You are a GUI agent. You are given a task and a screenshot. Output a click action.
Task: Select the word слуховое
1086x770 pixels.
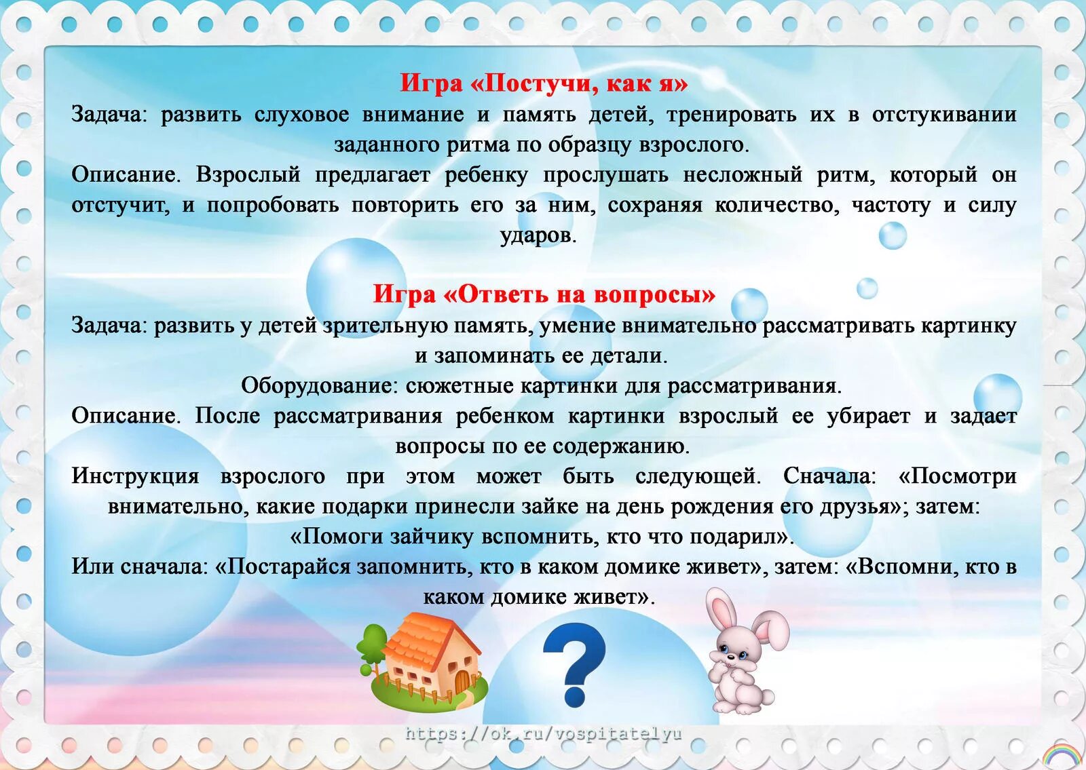(301, 115)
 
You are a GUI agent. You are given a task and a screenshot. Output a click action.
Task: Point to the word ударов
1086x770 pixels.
(538, 235)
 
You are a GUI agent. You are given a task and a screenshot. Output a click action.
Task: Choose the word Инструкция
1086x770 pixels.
(135, 476)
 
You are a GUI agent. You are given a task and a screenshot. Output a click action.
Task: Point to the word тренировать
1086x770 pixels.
(731, 115)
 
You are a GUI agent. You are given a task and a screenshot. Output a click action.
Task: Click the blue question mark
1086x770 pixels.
(574, 665)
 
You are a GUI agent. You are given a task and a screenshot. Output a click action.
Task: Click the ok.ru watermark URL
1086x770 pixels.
(543, 733)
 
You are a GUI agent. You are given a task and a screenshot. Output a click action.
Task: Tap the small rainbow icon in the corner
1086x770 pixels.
(1061, 754)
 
